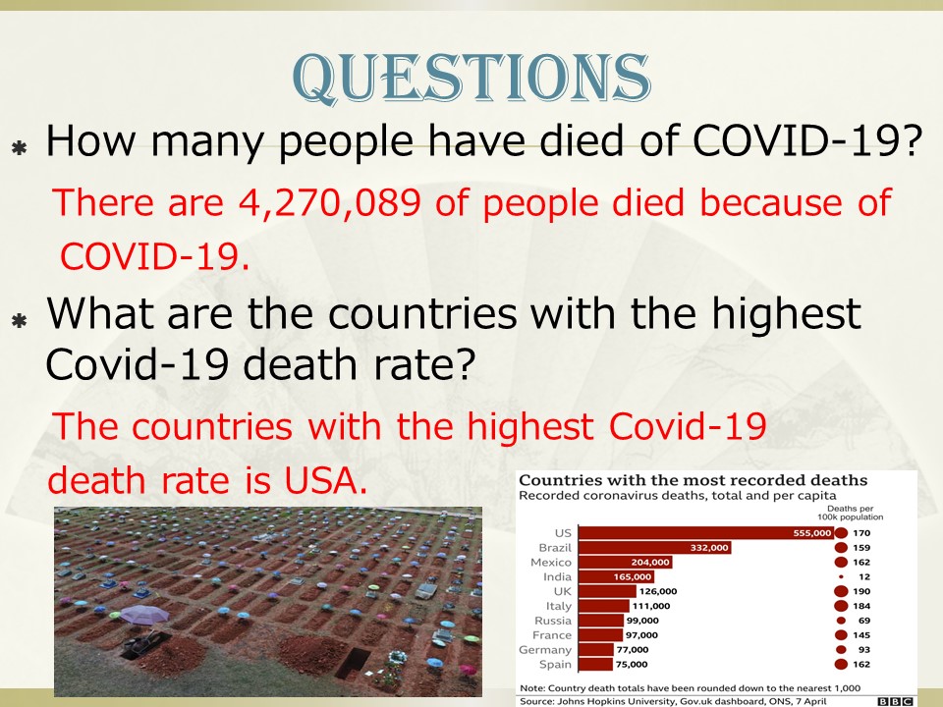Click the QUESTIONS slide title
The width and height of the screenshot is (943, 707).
[x=471, y=79]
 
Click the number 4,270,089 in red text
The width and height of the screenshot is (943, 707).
[x=330, y=202]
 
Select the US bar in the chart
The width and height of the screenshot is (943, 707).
[x=706, y=532]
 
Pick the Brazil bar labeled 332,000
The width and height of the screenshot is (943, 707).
[x=655, y=548]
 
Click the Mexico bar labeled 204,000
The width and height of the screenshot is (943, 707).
[x=626, y=562]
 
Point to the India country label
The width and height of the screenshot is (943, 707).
[x=557, y=576]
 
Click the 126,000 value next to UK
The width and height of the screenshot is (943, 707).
[x=658, y=591]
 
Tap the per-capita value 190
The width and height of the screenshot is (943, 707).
[x=861, y=591]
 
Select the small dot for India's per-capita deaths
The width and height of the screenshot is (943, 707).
[x=842, y=577]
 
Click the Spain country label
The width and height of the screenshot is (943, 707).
[x=555, y=665]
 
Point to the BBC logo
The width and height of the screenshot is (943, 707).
[x=895, y=701]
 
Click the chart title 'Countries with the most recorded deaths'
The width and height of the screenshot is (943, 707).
[x=693, y=480]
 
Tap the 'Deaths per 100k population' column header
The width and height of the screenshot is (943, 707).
[x=850, y=513]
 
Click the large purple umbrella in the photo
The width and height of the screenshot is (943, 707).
[x=145, y=615]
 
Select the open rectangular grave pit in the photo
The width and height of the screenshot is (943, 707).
[x=353, y=661]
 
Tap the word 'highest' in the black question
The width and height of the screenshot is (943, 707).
[x=786, y=314]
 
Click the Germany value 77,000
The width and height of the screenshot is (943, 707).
[x=632, y=650]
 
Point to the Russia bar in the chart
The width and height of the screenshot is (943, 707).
[x=601, y=621]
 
